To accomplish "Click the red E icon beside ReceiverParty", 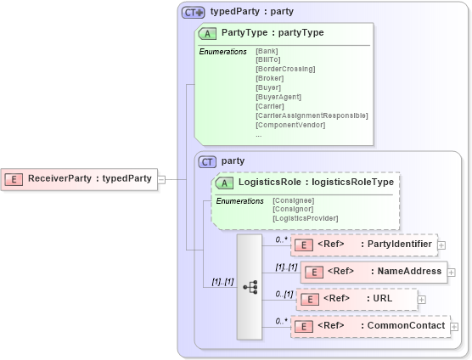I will [x=14, y=179].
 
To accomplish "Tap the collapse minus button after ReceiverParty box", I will [x=161, y=179].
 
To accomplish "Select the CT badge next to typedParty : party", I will [x=193, y=13].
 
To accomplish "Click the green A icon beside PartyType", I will [x=206, y=34].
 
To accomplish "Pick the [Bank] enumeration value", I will [x=267, y=51].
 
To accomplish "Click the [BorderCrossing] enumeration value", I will [x=284, y=69].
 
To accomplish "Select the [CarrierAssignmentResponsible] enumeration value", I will [x=311, y=115].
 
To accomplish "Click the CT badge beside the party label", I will [x=207, y=160].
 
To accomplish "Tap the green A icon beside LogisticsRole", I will [x=225, y=182].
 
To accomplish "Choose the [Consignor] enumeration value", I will [x=294, y=209].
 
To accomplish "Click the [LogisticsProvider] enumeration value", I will [x=304, y=218].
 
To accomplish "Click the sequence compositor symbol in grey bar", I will [x=250, y=287].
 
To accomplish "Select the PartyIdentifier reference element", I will [x=363, y=245].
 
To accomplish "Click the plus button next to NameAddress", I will [x=452, y=273].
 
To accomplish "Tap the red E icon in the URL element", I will [x=308, y=299].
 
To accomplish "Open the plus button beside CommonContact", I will [x=455, y=326].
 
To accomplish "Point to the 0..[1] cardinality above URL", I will [x=283, y=293].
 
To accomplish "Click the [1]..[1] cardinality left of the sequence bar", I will [x=222, y=281].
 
